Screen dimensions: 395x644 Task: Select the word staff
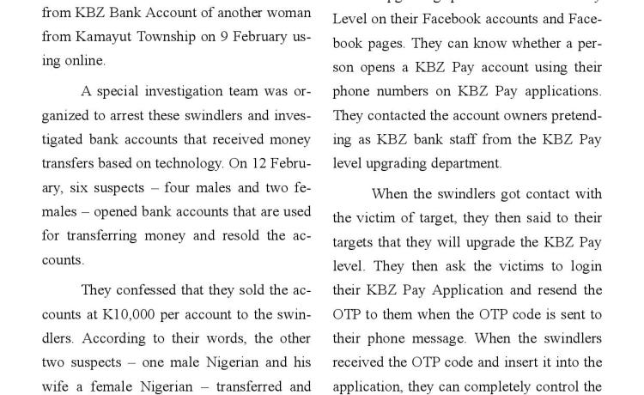[x=512, y=138]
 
